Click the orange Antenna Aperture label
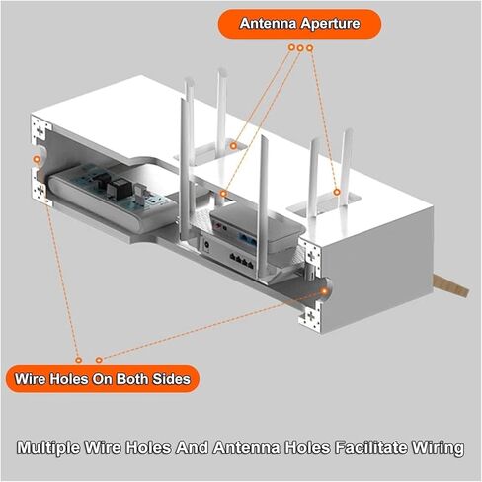299,24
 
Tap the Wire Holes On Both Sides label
103,379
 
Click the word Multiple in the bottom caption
48,448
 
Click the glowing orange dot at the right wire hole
324,291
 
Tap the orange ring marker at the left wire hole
37,160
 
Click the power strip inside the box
112,198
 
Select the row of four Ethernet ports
242,260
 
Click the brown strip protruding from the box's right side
449,285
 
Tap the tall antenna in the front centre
263,207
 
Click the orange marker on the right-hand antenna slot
336,192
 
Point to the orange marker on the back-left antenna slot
233,146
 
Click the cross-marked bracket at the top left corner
40,130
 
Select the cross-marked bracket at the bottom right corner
310,317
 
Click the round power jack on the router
207,245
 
